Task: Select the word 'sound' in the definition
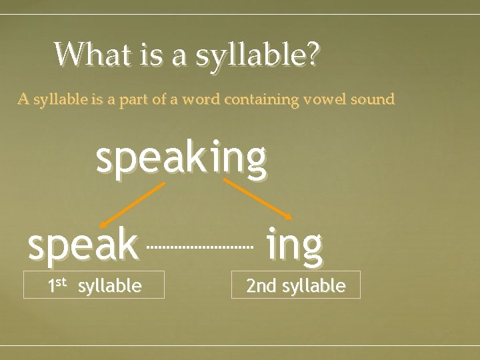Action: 374,100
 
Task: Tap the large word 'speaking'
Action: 181,160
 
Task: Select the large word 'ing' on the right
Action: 294,245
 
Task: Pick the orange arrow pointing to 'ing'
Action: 258,199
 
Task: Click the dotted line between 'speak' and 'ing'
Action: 200,247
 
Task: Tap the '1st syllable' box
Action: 94,284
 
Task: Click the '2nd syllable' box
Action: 295,284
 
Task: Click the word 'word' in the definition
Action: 201,100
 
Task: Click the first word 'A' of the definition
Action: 23,100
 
